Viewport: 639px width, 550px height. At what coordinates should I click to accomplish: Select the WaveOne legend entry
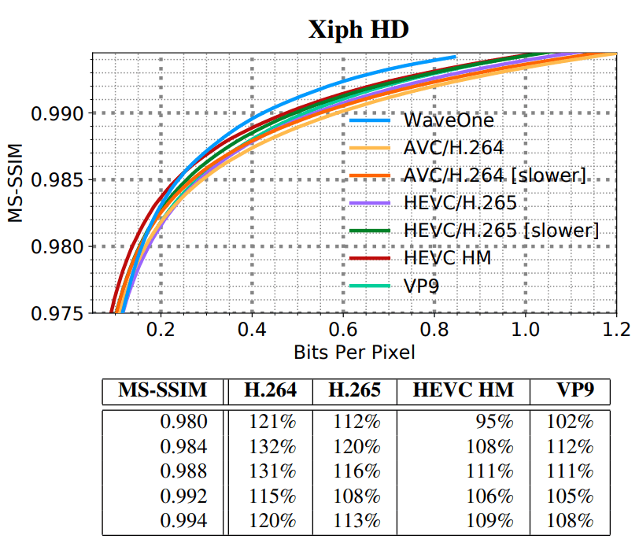pyautogui.click(x=449, y=120)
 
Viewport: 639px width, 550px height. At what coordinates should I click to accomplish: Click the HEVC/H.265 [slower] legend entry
pyautogui.click(x=500, y=230)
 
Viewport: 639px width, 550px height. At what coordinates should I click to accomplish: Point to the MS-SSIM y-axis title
pyautogui.click(x=17, y=183)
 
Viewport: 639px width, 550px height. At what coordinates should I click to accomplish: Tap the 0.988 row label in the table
pyautogui.click(x=184, y=471)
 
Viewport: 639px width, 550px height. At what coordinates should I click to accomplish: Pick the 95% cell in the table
pyautogui.click(x=497, y=422)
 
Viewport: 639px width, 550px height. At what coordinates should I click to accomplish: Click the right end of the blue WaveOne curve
pyautogui.click(x=455, y=57)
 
